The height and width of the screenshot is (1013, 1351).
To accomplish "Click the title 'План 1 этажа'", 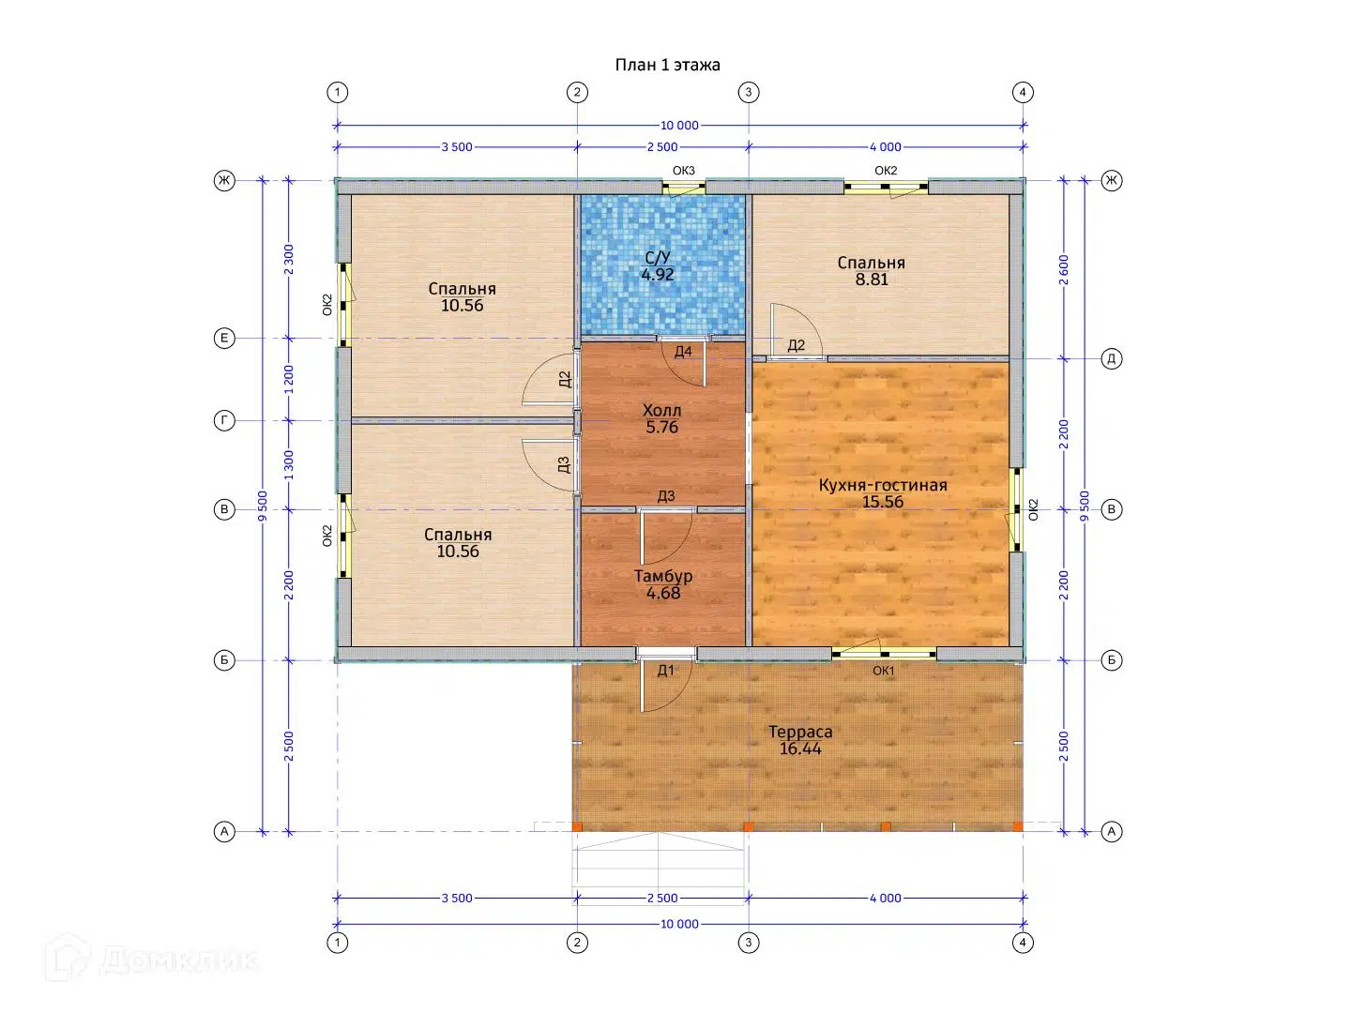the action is [x=667, y=65].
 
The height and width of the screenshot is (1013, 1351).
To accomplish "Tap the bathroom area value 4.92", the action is [x=658, y=274].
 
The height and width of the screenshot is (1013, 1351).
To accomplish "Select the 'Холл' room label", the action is [x=661, y=410].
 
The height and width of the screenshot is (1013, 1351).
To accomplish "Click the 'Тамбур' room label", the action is [x=663, y=576].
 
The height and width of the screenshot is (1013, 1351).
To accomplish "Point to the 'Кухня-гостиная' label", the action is [x=882, y=485].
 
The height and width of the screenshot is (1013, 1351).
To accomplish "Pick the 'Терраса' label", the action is [x=800, y=732].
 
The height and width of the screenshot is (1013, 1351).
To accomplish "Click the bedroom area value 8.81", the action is [x=872, y=280].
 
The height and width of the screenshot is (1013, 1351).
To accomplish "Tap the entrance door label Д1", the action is [x=665, y=671].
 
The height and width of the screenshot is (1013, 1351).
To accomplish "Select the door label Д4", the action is [x=683, y=351].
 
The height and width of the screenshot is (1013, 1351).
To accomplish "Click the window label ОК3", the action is [x=683, y=171].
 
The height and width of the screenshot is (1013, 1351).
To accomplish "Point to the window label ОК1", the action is [x=883, y=671].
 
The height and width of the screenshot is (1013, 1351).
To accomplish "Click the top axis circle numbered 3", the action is [x=749, y=92].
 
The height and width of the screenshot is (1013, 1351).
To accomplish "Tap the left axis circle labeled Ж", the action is [x=224, y=180].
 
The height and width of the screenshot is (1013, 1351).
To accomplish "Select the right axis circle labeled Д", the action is [x=1112, y=358].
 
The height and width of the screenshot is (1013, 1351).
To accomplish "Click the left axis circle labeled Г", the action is [x=224, y=421].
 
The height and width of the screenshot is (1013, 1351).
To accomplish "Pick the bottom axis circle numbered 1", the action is [x=338, y=943].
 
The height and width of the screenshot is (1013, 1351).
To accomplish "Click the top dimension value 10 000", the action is [x=679, y=126].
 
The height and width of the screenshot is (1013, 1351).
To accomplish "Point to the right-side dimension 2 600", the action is [x=1064, y=270].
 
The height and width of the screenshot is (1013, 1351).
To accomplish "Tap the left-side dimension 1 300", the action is [x=289, y=465].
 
